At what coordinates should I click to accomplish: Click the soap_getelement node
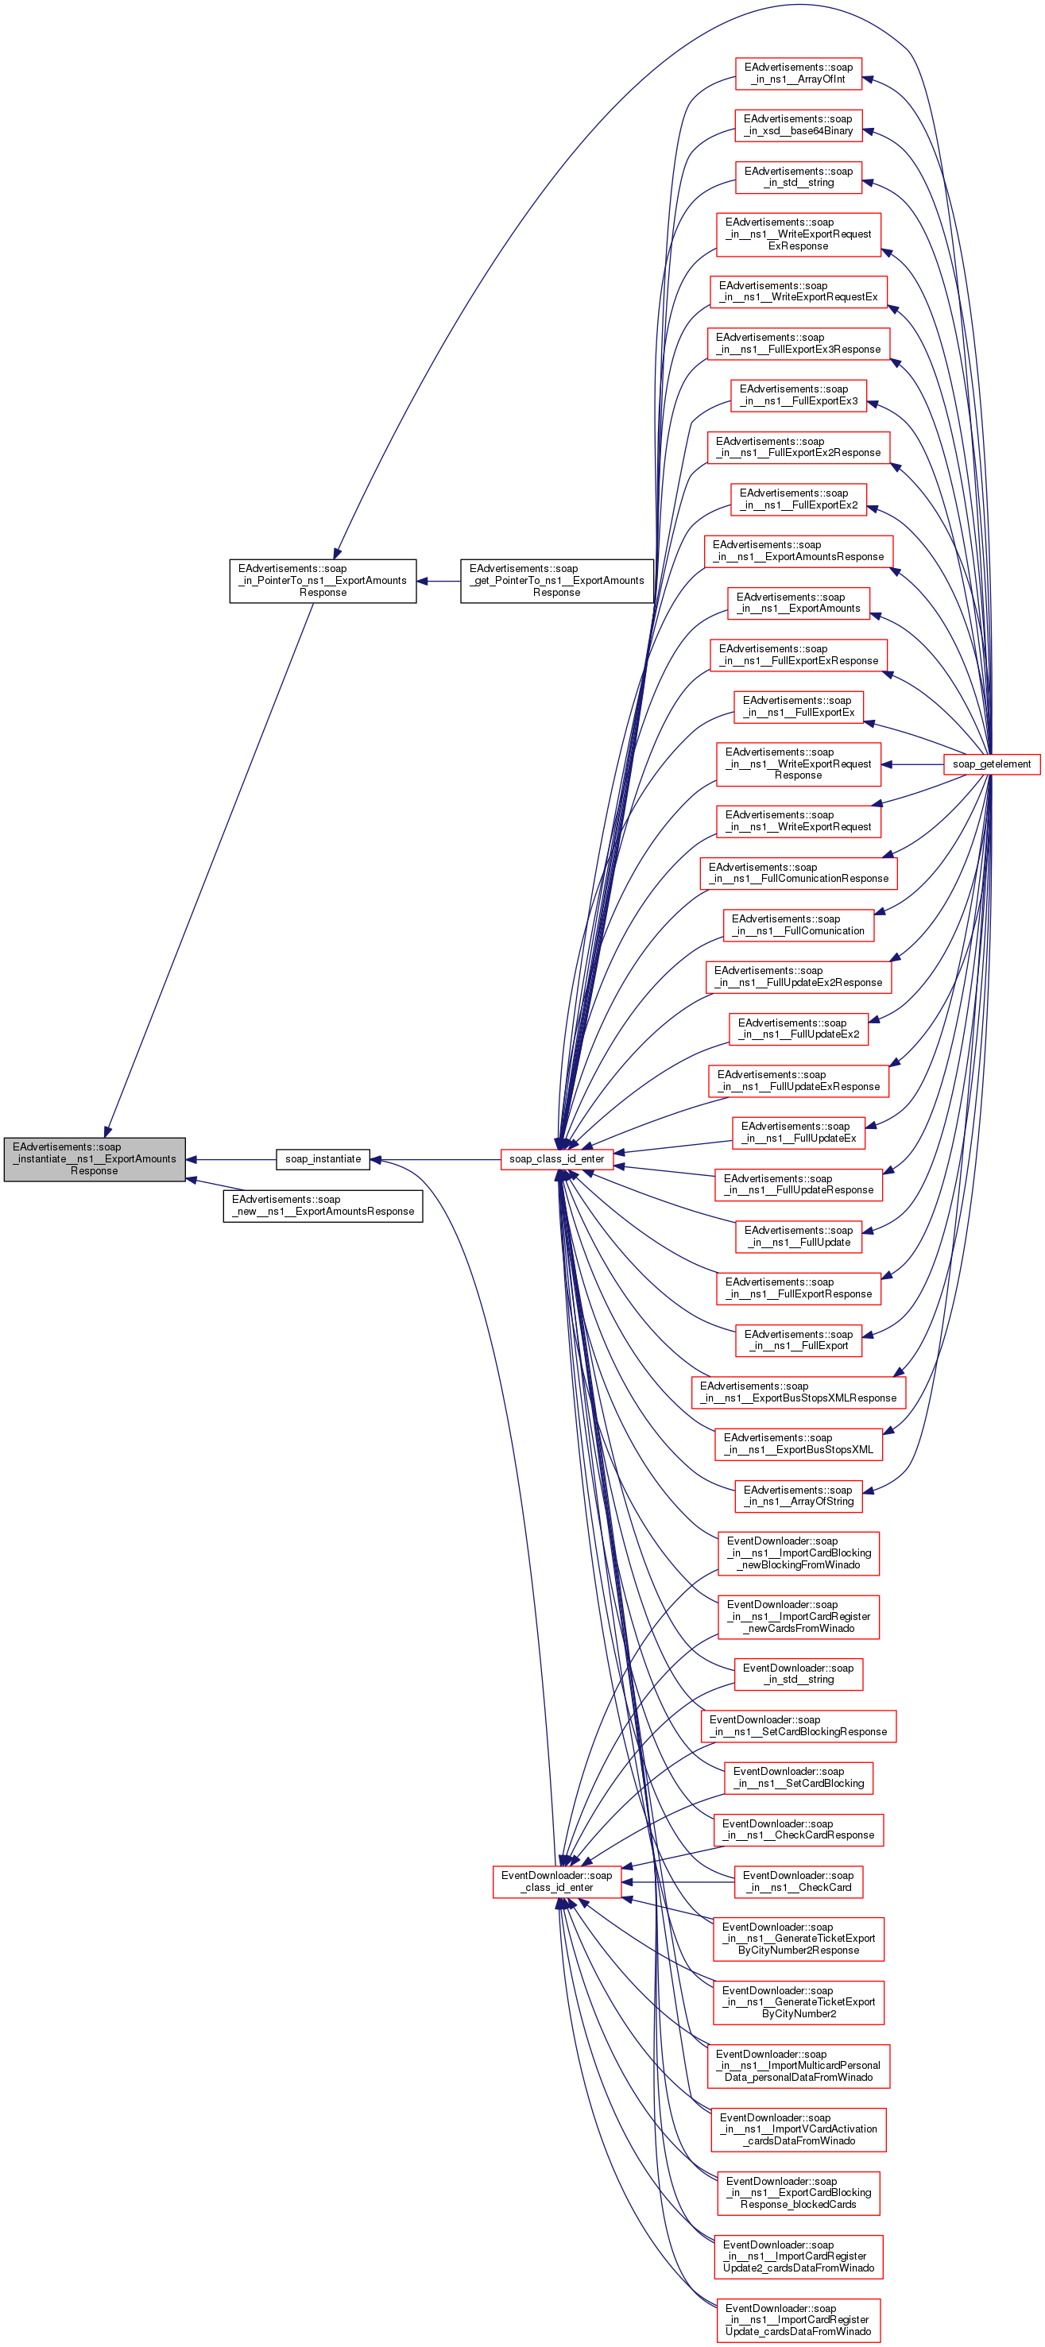[x=991, y=764]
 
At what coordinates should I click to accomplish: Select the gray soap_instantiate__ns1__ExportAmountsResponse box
[x=95, y=1159]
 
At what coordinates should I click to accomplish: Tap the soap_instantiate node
[x=323, y=1159]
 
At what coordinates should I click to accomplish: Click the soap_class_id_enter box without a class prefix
[x=555, y=1159]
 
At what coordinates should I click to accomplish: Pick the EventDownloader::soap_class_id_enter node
[x=555, y=1881]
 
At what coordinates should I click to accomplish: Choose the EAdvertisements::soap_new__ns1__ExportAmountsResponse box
[x=323, y=1205]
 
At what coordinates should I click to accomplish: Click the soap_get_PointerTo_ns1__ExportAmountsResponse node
[x=555, y=580]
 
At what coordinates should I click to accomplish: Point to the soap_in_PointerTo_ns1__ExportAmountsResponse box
[x=323, y=580]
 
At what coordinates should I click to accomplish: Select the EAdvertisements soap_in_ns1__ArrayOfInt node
[x=798, y=73]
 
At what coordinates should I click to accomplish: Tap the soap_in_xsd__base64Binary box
[x=798, y=125]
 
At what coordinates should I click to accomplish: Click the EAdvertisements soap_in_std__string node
[x=798, y=176]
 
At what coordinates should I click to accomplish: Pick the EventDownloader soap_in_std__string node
[x=798, y=1674]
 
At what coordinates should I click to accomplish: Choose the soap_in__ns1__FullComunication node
[x=798, y=925]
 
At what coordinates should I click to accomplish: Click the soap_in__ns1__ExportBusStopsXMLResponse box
[x=798, y=1392]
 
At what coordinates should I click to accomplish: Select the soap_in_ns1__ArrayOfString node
[x=798, y=1496]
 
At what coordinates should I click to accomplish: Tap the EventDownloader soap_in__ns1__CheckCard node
[x=798, y=1881]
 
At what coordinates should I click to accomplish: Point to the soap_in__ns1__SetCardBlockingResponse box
[x=798, y=1726]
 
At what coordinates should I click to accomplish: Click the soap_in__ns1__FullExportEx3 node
[x=798, y=395]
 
